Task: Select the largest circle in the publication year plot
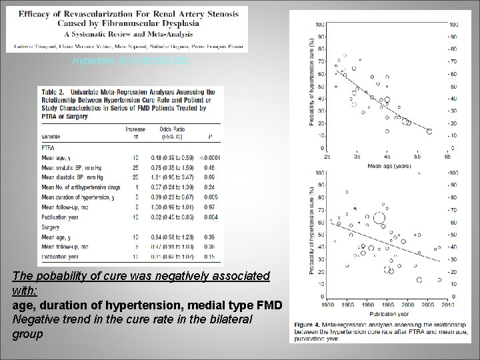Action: pos(380,217)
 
